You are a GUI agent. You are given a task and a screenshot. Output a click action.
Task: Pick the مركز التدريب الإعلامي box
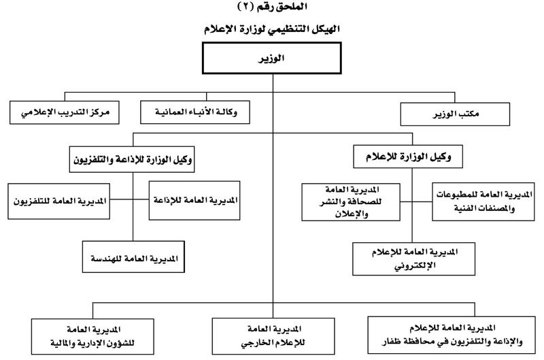(x=64, y=111)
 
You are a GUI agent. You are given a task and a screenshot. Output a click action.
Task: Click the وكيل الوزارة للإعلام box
(x=413, y=157)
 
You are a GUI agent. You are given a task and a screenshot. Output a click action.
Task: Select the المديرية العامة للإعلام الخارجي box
(x=273, y=333)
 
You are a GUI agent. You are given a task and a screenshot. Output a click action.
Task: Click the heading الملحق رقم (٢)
(x=271, y=7)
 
